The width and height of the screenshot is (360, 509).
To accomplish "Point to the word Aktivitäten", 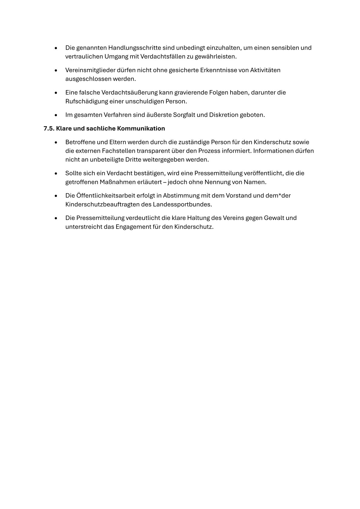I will click(265, 70).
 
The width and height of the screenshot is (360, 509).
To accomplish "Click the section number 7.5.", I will click(49, 129).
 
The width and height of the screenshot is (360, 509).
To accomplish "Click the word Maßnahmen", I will click(118, 182).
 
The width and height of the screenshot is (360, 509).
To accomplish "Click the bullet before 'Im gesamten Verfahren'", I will click(56, 115).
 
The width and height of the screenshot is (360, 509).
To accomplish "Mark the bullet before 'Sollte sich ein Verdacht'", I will click(56, 174).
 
